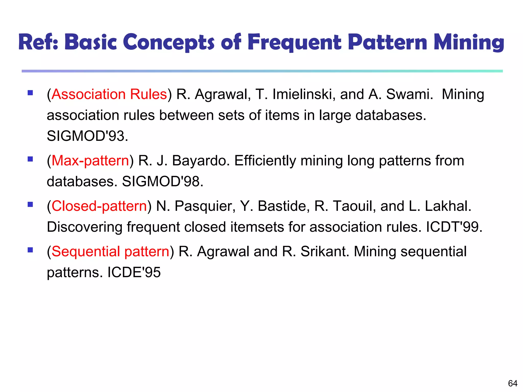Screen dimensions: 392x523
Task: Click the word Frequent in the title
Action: click(x=294, y=42)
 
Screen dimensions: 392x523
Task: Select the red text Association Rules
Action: click(x=109, y=94)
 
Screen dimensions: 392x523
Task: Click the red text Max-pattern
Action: click(x=90, y=161)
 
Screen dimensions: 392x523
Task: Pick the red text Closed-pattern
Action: click(x=99, y=206)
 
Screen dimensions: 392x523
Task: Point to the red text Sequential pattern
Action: click(x=111, y=252)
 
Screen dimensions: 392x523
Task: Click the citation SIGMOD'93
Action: click(x=87, y=136)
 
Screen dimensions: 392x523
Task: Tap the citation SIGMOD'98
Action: click(x=162, y=181)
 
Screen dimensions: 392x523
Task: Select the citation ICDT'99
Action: click(x=454, y=227)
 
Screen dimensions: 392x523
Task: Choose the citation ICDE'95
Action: click(x=134, y=272)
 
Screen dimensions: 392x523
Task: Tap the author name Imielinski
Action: click(x=304, y=94)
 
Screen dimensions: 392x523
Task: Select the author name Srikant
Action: click(x=324, y=252)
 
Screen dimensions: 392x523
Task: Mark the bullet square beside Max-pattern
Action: click(x=30, y=159)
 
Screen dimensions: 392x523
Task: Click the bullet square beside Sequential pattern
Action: click(x=30, y=250)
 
